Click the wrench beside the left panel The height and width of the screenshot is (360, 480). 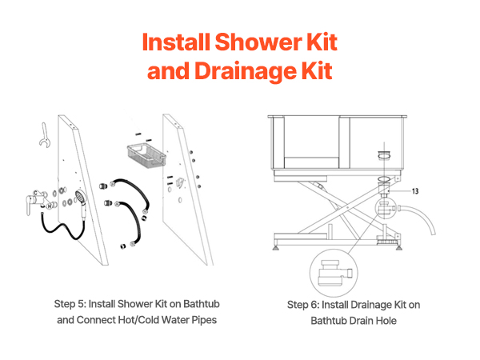point(44,136)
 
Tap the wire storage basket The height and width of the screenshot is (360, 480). point(146,156)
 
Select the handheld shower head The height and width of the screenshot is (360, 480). point(82,202)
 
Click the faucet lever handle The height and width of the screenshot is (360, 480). point(29,205)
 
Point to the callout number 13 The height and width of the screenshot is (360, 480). point(414,191)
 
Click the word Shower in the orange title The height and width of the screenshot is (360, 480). point(258,42)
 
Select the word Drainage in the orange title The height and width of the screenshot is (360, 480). point(245,71)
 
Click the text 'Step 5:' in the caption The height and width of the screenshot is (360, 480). point(70,304)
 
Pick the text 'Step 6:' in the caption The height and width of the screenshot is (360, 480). point(303,305)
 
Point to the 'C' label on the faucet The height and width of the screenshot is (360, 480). point(35,193)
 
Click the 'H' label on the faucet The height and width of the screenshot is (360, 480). point(50,206)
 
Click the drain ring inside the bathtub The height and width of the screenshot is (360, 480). point(384,155)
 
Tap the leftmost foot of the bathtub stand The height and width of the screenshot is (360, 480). point(276,246)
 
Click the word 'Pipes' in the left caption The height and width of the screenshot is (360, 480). point(204,320)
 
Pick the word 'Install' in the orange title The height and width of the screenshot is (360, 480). point(176,42)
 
